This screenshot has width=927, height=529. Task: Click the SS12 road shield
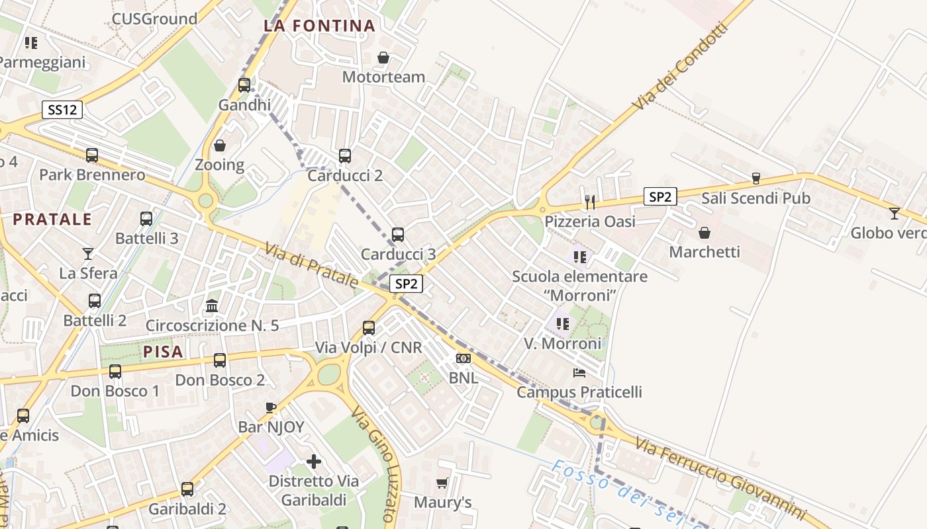[62, 110]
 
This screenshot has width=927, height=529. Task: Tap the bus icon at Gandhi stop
[244, 85]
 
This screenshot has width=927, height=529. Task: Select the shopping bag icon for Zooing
[220, 145]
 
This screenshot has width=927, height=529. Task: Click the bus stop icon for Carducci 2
[345, 156]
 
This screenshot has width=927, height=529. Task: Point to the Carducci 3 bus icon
[398, 234]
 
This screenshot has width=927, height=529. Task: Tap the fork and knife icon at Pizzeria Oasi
[590, 202]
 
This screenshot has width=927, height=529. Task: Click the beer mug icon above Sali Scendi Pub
[756, 179]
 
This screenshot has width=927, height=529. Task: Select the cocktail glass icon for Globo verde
[894, 213]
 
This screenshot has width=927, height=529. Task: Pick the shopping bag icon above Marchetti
[705, 233]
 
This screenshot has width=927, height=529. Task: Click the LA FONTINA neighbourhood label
[319, 26]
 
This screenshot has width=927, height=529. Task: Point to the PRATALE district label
[52, 220]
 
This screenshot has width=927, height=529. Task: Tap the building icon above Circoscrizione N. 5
[212, 305]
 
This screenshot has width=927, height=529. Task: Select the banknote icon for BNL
[463, 358]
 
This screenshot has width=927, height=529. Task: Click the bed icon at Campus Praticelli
[579, 372]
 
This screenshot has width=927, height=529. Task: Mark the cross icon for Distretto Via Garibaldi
[314, 461]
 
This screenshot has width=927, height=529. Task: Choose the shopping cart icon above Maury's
[442, 483]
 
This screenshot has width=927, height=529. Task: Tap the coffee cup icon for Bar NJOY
[270, 407]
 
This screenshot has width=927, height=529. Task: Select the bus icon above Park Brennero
[92, 155]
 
